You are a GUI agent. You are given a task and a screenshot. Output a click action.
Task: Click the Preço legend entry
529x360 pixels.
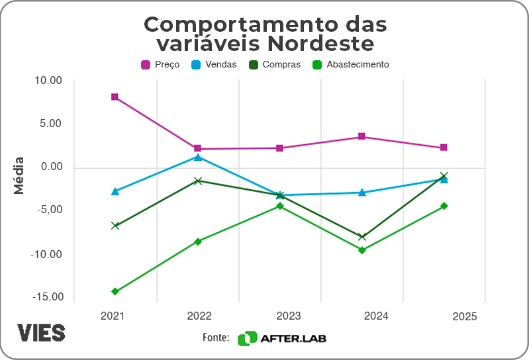(160, 65)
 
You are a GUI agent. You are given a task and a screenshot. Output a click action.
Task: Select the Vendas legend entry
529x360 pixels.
(214, 65)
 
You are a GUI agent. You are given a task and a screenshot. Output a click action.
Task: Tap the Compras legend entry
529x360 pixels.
(274, 65)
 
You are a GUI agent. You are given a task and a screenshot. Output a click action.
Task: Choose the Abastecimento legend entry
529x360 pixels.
(350, 65)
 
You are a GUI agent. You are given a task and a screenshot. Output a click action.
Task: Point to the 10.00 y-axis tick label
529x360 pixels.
(48, 81)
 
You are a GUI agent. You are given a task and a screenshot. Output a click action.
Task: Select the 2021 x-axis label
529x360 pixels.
(113, 316)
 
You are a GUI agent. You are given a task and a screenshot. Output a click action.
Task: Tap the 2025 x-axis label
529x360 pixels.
(465, 317)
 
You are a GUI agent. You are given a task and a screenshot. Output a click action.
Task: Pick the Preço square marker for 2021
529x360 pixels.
(115, 97)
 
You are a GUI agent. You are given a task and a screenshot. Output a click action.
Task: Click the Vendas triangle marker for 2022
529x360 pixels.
(197, 157)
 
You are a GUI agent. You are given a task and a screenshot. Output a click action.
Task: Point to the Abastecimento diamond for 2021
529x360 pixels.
(115, 291)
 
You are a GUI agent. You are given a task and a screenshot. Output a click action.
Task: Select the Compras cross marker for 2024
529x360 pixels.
(361, 237)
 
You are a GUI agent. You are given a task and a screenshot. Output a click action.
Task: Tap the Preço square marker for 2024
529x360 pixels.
(361, 136)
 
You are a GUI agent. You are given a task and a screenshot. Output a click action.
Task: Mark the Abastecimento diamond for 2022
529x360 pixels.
(197, 242)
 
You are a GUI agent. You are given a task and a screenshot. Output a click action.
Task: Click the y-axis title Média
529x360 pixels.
(19, 175)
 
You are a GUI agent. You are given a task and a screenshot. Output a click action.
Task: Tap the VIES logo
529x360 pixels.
(41, 333)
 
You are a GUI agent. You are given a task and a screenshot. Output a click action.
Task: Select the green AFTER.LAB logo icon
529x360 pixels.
(247, 338)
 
